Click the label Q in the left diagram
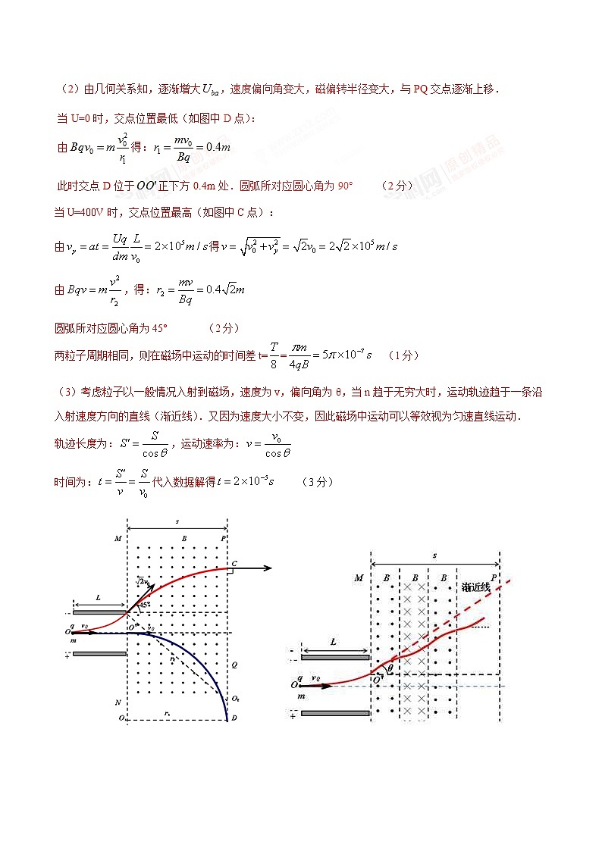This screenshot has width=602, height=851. (x=234, y=664)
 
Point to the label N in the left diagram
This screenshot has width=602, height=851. (x=118, y=701)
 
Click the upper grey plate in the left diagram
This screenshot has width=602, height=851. (x=99, y=612)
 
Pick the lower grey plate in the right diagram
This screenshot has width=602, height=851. (x=334, y=713)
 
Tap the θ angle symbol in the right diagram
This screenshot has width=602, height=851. (x=390, y=668)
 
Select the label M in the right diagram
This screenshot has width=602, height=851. (x=359, y=579)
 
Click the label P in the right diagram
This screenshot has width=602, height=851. (x=494, y=578)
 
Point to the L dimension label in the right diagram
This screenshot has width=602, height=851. (x=334, y=642)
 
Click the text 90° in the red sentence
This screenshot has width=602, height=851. (x=345, y=185)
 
